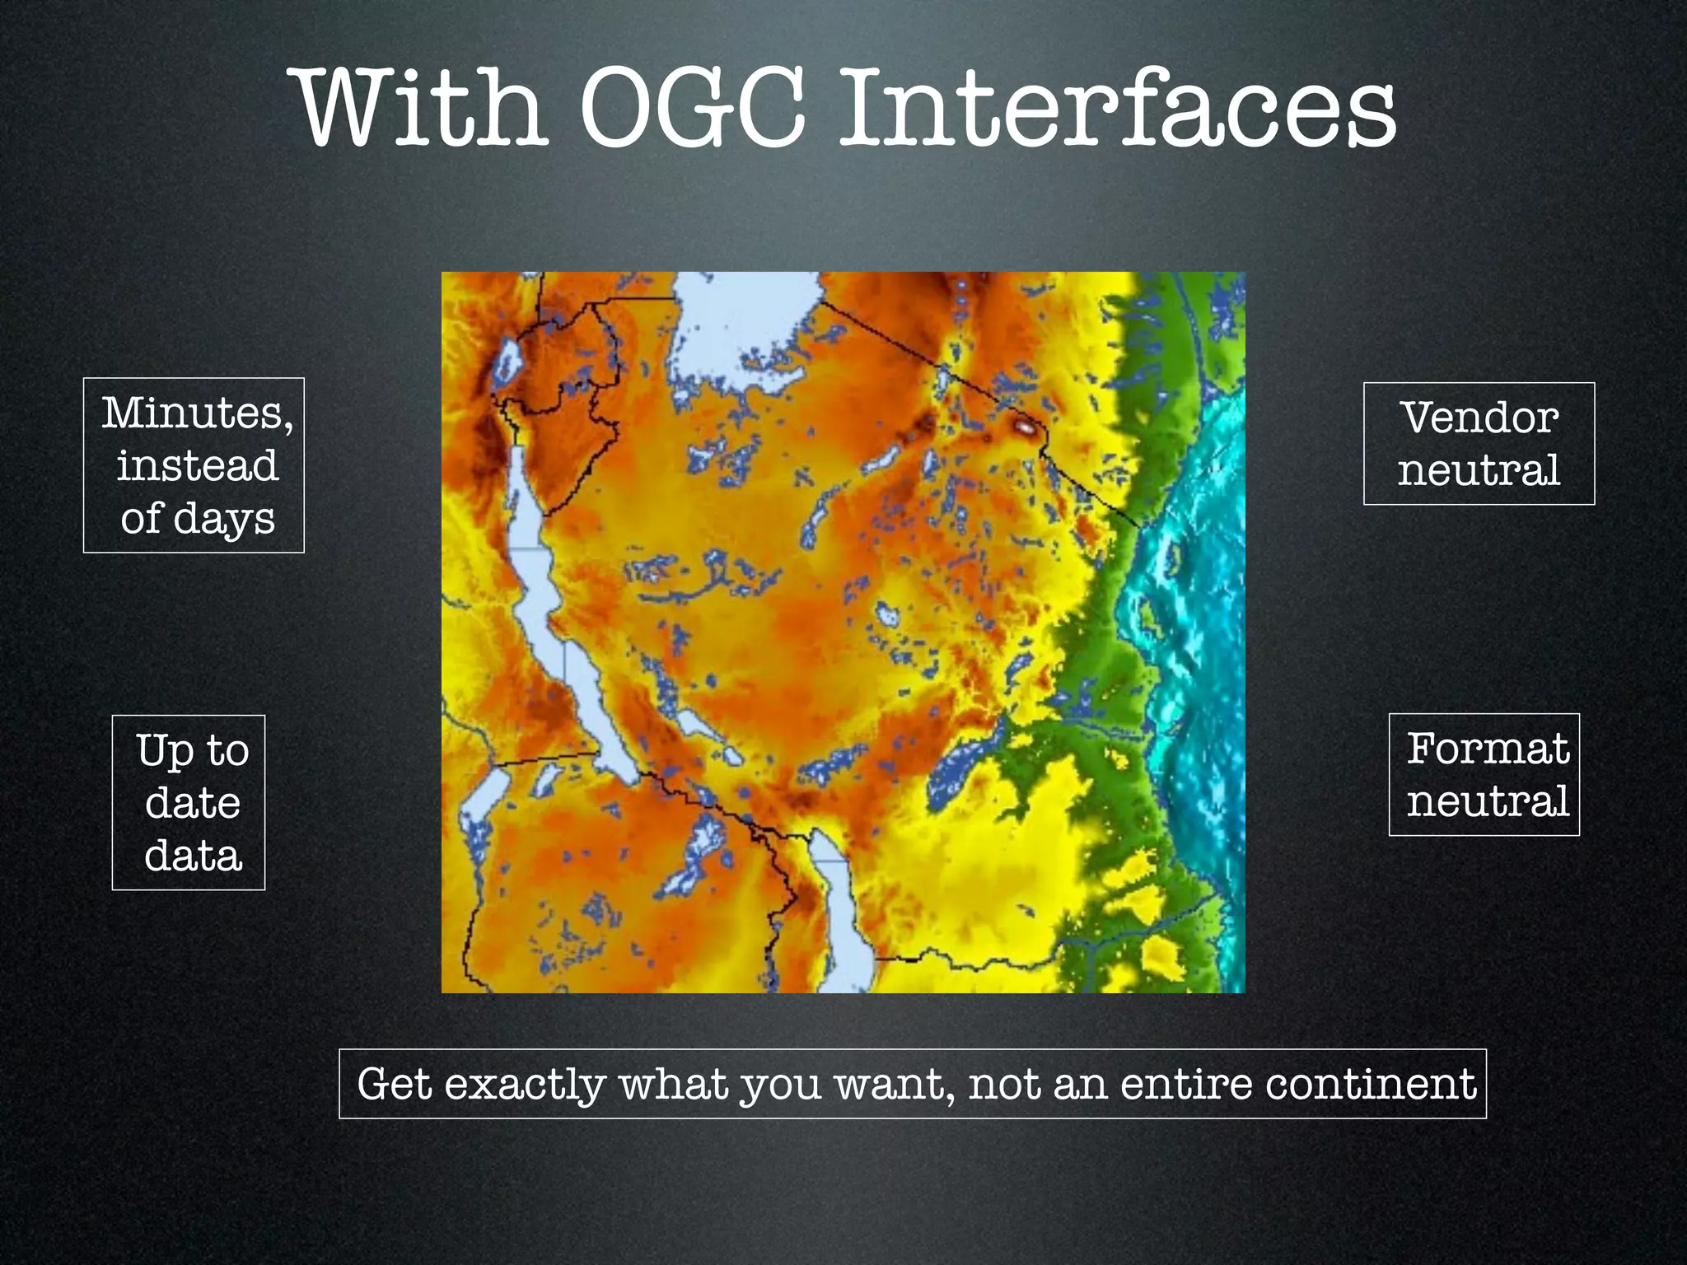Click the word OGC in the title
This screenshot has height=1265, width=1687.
click(x=692, y=110)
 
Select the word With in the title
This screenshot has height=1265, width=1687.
click(x=420, y=110)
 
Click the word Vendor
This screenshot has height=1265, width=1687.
click(x=1479, y=418)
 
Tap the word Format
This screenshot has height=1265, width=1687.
click(x=1487, y=749)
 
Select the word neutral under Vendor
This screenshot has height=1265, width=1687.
click(x=1479, y=470)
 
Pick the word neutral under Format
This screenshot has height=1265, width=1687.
click(x=1487, y=801)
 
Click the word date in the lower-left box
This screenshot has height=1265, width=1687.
click(x=192, y=803)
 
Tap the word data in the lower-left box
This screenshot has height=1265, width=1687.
click(x=193, y=856)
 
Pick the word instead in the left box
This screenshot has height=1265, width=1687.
click(x=197, y=467)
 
